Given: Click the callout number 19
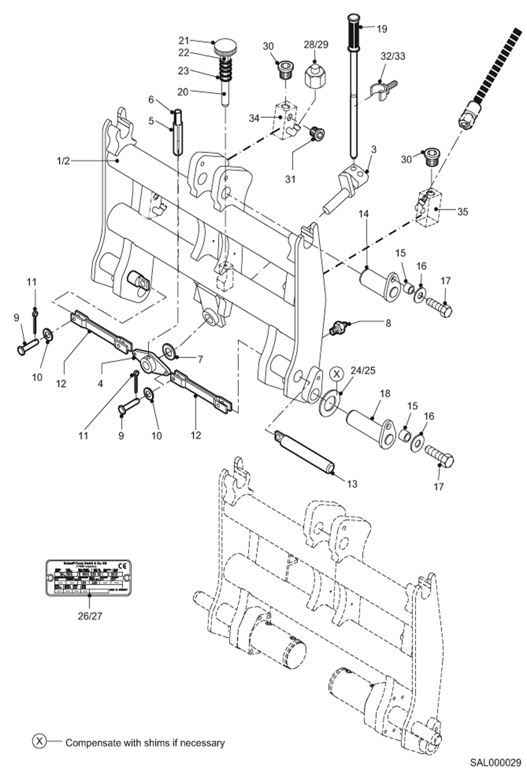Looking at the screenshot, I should pyautogui.click(x=382, y=29).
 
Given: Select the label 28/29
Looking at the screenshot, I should pyautogui.click(x=316, y=45).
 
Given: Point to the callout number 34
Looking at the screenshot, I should pyautogui.click(x=254, y=118).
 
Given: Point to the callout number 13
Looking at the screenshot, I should pyautogui.click(x=352, y=484).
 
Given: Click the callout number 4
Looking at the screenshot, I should pyautogui.click(x=100, y=384).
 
